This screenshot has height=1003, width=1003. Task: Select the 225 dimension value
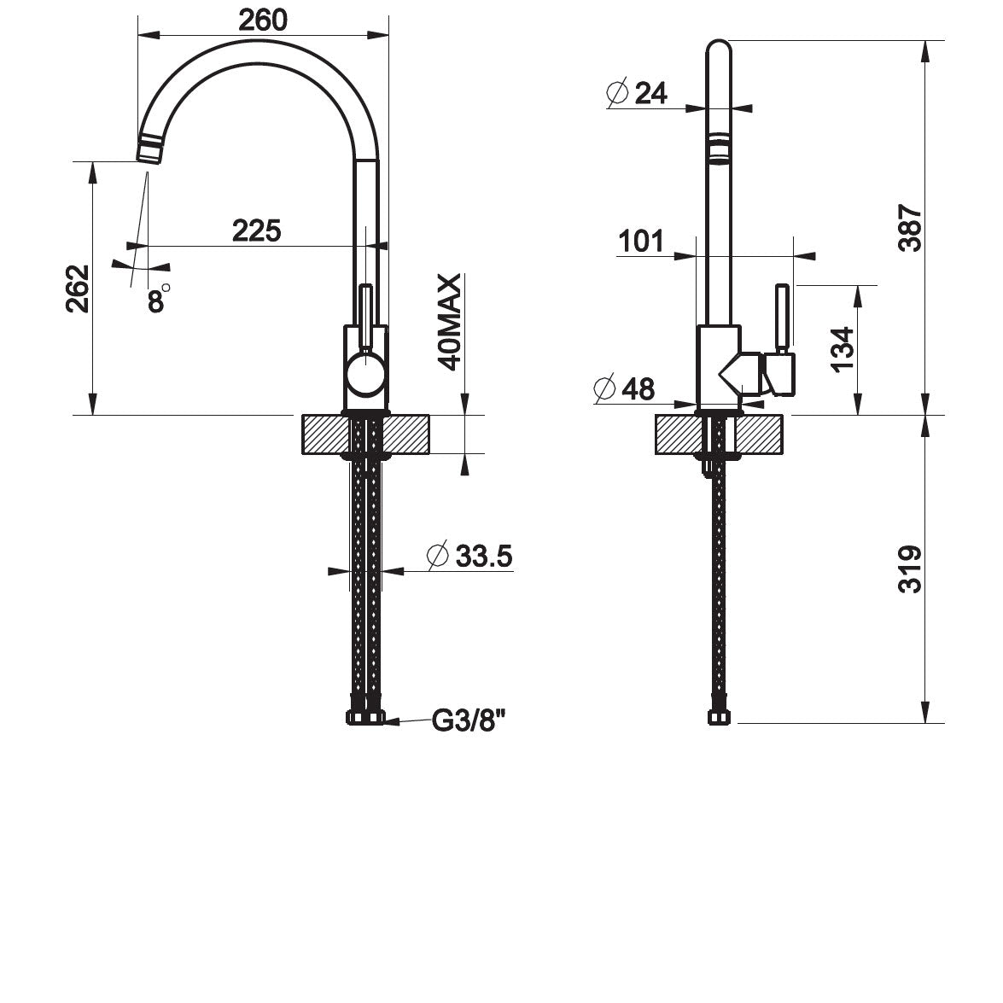(256, 231)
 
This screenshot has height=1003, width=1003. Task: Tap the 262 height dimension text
(78, 289)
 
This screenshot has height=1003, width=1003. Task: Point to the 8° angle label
(159, 300)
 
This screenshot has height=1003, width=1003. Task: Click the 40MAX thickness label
(451, 322)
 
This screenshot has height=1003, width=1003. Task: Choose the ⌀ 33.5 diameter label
(469, 556)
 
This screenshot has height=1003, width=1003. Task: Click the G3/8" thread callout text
(469, 721)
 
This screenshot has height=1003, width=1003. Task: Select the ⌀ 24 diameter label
(637, 93)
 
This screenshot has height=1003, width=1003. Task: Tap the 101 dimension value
(641, 242)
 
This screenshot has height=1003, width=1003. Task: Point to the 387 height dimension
(910, 228)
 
